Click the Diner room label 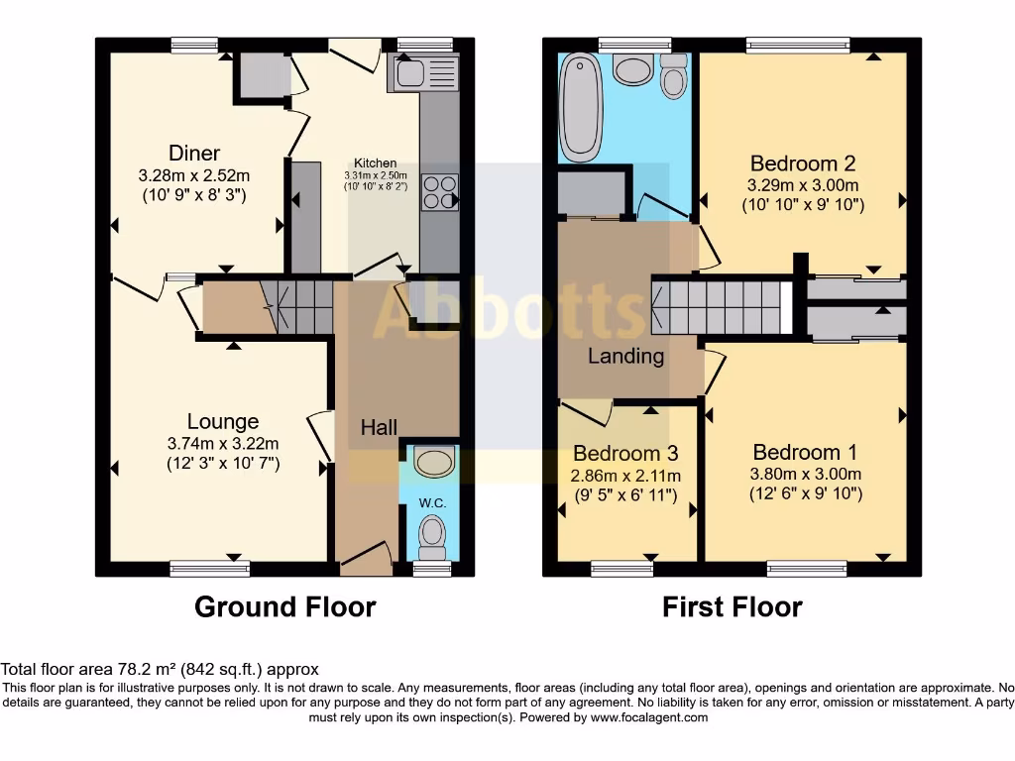[194, 153]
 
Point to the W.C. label [432, 503]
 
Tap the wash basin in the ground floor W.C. [432, 461]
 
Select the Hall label [379, 428]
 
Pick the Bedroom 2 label [803, 163]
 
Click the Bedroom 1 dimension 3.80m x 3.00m [805, 474]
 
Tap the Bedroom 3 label [625, 454]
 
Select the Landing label [625, 356]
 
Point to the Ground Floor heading [285, 606]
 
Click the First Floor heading [733, 606]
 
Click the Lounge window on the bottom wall [208, 568]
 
